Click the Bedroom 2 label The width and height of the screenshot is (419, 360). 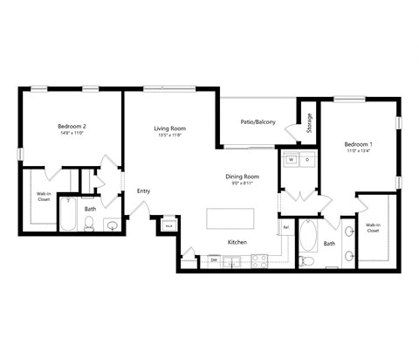pos(72,127)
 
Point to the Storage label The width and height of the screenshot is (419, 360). pos(309,123)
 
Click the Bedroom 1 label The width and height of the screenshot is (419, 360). pos(358,144)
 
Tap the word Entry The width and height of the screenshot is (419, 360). pos(144,191)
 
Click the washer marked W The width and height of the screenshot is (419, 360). pos(291,161)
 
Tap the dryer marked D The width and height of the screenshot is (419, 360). pos(306,161)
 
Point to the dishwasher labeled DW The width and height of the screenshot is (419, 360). pos(213,260)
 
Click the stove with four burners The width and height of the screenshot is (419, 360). pos(259,259)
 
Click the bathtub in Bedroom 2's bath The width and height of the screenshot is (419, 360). pos(69,217)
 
